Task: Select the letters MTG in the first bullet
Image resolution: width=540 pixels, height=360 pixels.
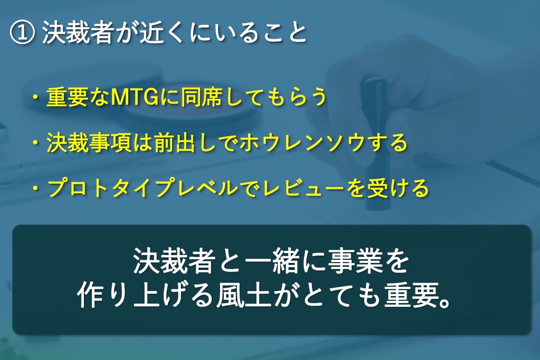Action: [x=135, y=97]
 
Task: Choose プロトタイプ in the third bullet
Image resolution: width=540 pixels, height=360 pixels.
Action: [x=111, y=188]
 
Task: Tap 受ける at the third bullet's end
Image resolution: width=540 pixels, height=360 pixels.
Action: [x=398, y=188]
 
